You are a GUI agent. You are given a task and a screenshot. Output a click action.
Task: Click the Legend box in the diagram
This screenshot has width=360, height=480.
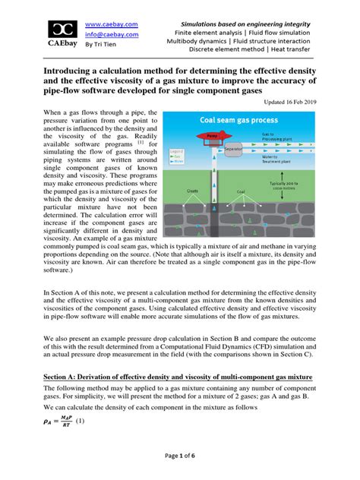tap(174, 155)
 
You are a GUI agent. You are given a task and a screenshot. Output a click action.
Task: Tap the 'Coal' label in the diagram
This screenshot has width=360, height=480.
tap(242, 192)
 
